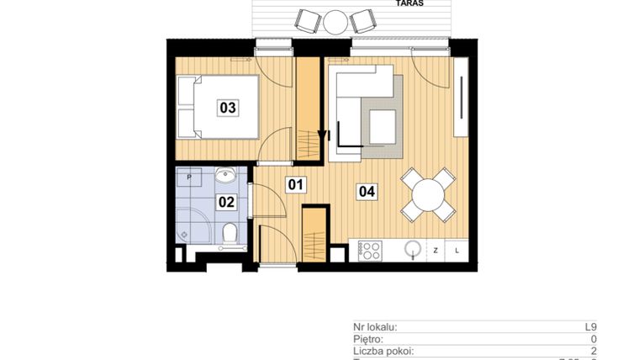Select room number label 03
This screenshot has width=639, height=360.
tap(227, 108)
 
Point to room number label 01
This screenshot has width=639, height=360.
tap(294, 184)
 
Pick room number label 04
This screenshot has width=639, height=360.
tap(367, 191)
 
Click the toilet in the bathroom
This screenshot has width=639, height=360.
tap(229, 232)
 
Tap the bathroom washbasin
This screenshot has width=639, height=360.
tap(225, 177)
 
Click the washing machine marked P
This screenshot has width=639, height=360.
tap(190, 178)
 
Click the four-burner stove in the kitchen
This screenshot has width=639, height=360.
tap(369, 251)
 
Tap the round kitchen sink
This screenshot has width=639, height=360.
tap(413, 250)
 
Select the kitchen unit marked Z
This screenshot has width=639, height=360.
tap(436, 251)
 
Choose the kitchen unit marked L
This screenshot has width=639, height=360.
tap(457, 251)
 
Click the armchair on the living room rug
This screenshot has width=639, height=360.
tap(383, 127)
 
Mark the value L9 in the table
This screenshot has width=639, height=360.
tap(590, 327)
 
